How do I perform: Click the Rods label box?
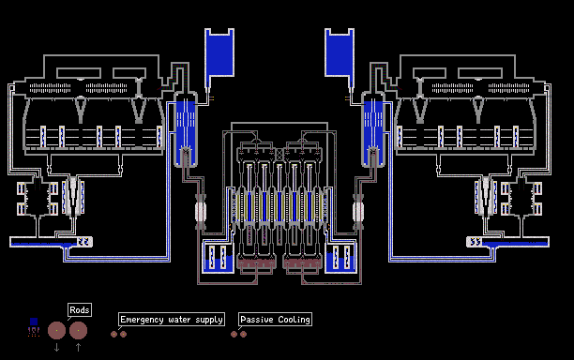tap(80, 310)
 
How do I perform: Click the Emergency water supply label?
tap(172, 320)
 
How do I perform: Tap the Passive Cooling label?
tap(276, 320)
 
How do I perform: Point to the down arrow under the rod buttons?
tap(56, 347)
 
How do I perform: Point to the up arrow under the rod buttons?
tap(79, 347)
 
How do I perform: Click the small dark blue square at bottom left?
tap(34, 322)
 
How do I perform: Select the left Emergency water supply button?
tap(113, 334)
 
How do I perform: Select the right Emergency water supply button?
tap(124, 334)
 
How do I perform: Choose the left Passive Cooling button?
tap(234, 334)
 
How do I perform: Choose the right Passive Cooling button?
tap(244, 334)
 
